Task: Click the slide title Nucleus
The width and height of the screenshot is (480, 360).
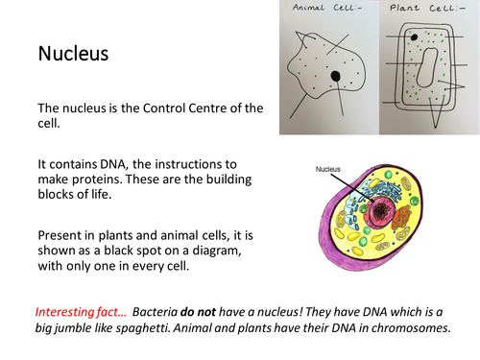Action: coord(73,53)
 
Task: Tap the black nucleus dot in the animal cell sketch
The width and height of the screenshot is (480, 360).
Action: coord(335,76)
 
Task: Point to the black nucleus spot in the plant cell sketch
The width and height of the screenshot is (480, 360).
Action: coord(414,37)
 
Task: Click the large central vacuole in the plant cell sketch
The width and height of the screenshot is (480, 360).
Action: coord(427,67)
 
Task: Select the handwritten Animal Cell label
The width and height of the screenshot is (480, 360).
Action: coord(327,8)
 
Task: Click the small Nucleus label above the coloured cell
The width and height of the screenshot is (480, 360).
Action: coord(327,169)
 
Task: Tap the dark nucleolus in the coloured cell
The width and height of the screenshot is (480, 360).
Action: coord(380,211)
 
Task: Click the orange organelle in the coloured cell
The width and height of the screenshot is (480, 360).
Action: coord(401,217)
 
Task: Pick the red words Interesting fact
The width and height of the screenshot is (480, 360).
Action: coord(81,312)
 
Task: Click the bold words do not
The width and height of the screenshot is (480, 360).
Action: coord(198,312)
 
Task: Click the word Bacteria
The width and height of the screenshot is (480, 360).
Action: coord(155,312)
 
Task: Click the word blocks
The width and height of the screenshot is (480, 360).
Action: coord(55,194)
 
